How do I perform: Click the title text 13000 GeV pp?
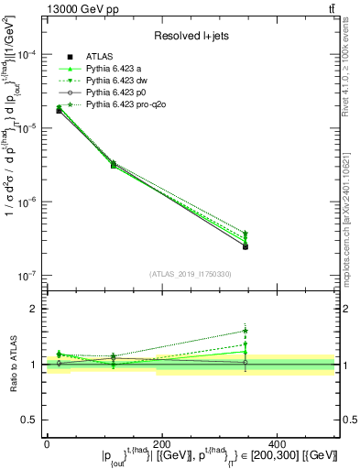[x=78, y=8]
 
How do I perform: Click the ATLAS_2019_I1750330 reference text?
[x=191, y=274]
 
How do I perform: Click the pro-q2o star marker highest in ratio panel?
[x=245, y=331]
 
